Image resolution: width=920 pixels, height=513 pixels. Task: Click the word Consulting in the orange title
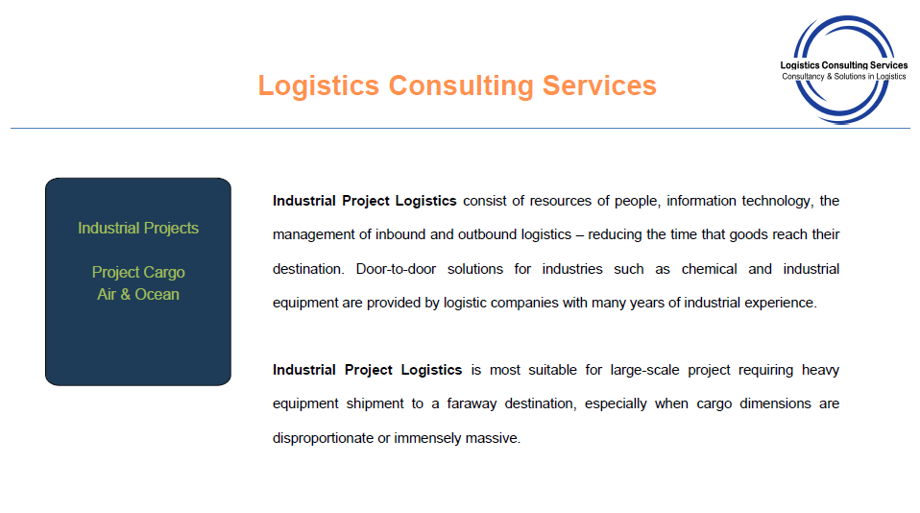tap(461, 86)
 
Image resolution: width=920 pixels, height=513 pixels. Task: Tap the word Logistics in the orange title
tap(319, 86)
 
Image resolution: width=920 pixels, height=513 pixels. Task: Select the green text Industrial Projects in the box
tap(138, 229)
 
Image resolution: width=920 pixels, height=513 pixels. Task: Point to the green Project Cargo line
tap(138, 272)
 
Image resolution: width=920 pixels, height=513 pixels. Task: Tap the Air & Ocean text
tap(138, 294)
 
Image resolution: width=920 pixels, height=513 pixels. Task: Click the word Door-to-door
tap(396, 269)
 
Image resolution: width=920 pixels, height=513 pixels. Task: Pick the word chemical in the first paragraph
tap(710, 269)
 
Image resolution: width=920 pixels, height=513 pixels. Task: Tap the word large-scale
tap(644, 371)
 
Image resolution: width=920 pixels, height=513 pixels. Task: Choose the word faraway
tap(472, 403)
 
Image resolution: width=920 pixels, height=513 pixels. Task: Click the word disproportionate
tap(324, 438)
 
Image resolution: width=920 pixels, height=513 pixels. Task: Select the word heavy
tap(821, 371)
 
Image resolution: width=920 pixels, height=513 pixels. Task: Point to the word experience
tap(787, 303)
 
